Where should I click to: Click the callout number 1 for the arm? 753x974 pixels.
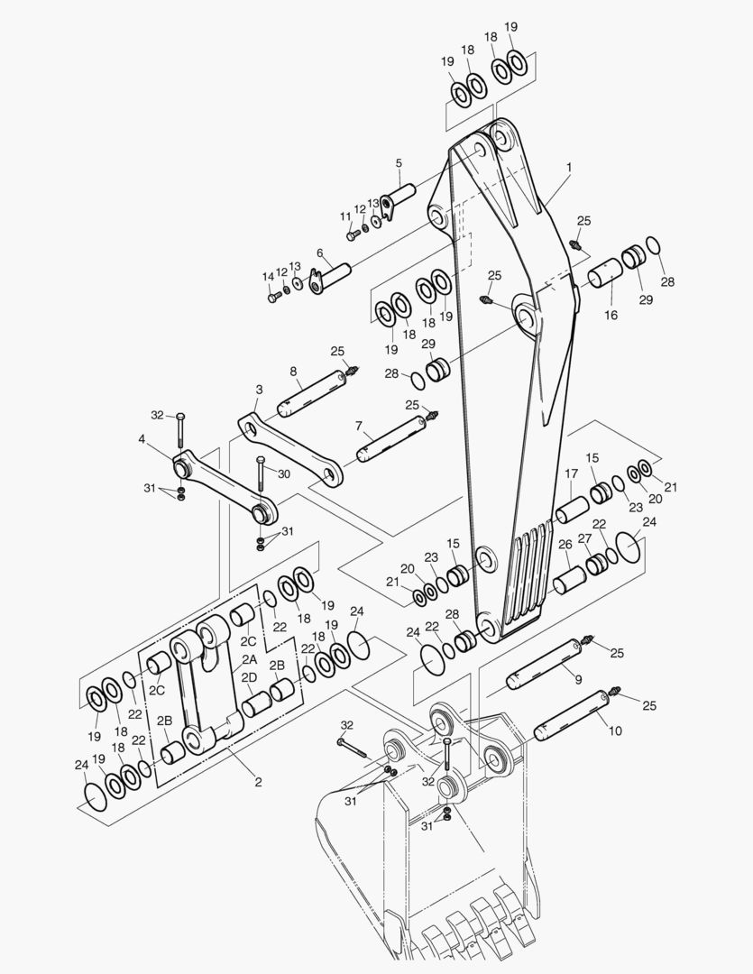click(569, 167)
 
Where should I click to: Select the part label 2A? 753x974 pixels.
click(249, 659)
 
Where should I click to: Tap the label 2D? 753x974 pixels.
click(249, 676)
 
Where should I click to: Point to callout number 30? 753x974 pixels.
click(283, 474)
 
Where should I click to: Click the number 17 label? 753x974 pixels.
click(571, 473)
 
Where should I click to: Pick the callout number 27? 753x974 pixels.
click(584, 538)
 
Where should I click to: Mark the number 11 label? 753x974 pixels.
click(345, 216)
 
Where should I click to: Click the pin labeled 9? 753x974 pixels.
click(545, 665)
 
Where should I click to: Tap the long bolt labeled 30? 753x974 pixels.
click(261, 482)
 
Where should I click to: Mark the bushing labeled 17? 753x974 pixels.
click(572, 510)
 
